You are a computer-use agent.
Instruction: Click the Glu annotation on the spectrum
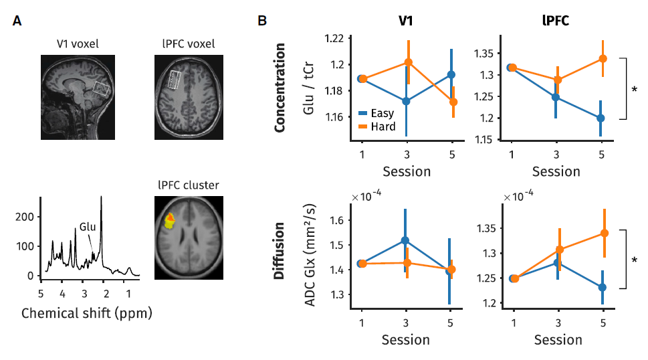(86, 227)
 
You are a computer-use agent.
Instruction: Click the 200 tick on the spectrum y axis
(25, 217)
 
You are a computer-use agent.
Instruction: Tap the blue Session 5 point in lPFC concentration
(601, 118)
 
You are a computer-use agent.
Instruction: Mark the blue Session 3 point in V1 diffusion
(406, 240)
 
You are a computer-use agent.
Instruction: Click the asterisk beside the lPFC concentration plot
(634, 89)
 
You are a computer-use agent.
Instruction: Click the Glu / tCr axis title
(308, 91)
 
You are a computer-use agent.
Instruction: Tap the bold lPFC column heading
(556, 21)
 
